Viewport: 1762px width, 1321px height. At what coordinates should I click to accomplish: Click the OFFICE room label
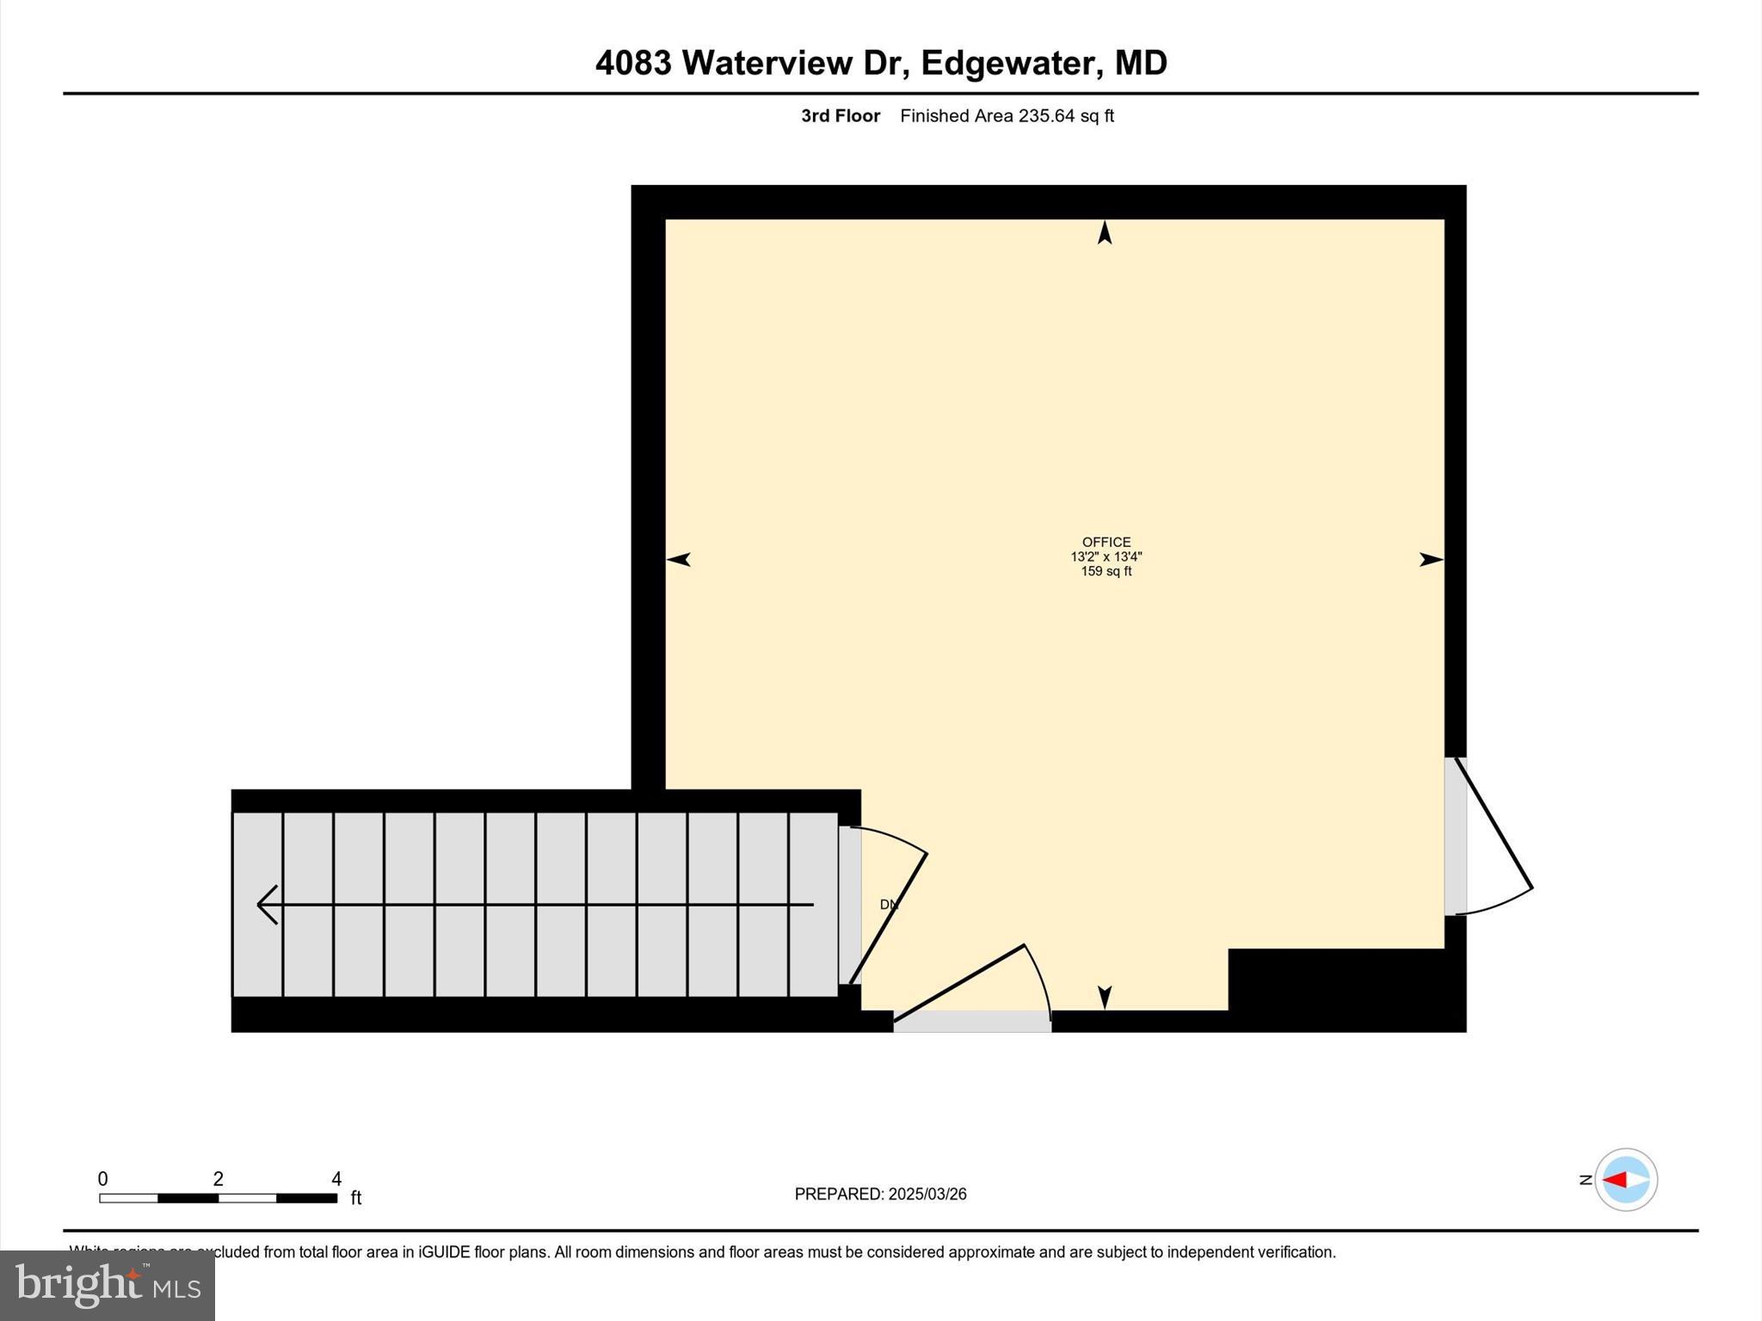coord(1106,542)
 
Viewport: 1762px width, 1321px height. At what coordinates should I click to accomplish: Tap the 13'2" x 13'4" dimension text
coord(1106,556)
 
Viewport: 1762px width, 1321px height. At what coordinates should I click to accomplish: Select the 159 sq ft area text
coord(1106,571)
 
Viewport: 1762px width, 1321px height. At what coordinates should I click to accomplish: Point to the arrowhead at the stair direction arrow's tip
coord(265,905)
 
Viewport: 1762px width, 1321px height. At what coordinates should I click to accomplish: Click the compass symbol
coord(1625,1180)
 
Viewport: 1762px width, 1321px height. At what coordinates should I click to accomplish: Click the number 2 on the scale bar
coord(219,1179)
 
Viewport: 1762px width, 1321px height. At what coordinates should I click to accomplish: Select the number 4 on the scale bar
coord(336,1179)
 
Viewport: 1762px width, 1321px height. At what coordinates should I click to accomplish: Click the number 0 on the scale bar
coord(102,1179)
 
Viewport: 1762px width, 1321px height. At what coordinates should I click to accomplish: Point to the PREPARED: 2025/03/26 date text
coord(880,1194)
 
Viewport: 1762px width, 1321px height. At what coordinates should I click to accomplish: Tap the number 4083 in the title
coord(633,63)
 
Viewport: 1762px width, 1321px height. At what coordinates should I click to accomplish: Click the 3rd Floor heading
coord(841,116)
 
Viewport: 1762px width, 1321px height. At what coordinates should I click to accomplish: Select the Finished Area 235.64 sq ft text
coord(1007,116)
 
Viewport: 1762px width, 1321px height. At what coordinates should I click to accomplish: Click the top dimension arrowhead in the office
coord(1105,232)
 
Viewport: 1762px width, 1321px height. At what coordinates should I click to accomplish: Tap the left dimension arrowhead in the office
coord(679,560)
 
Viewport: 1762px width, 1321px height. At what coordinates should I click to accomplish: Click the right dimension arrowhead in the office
coord(1431,560)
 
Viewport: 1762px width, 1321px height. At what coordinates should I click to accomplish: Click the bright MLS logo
coord(108,1285)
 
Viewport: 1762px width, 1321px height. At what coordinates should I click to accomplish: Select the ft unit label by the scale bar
coord(356,1198)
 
